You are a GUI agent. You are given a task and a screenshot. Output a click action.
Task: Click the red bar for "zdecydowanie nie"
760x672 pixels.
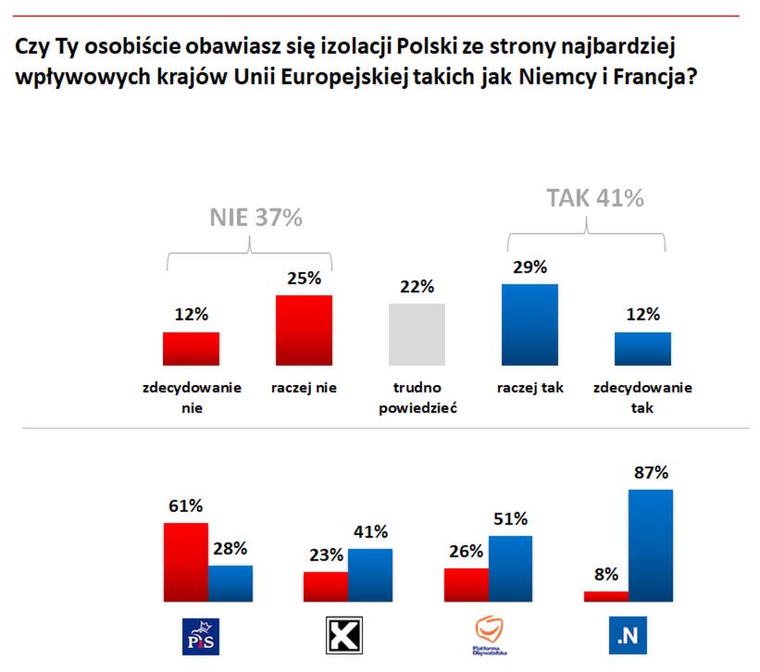[191, 349]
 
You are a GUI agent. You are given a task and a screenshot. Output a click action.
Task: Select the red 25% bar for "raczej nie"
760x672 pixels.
[304, 330]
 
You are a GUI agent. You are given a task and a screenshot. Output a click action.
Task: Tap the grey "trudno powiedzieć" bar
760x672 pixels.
[417, 335]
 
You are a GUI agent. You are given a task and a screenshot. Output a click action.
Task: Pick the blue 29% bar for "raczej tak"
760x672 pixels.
[530, 325]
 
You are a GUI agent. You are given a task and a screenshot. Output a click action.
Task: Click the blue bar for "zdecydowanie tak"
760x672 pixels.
[642, 349]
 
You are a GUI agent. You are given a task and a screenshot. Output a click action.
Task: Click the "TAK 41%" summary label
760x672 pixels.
[594, 198]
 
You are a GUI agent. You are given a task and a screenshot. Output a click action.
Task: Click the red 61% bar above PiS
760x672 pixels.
[185, 562]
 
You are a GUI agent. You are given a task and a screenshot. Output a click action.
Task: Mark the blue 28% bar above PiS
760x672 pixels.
[230, 583]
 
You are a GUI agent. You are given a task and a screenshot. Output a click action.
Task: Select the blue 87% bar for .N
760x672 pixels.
[651, 546]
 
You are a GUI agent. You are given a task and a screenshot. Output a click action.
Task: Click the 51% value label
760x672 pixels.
[509, 518]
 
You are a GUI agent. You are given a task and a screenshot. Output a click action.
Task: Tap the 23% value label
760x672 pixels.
[326, 555]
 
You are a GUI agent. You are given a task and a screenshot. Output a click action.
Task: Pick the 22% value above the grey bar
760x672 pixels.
[417, 286]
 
